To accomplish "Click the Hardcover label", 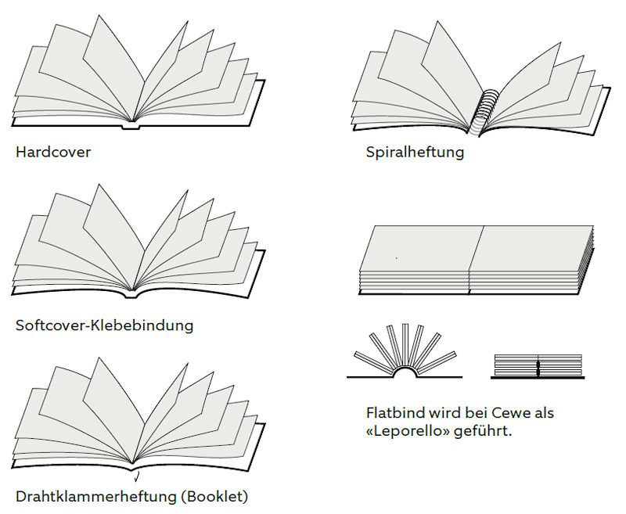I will (x=53, y=152).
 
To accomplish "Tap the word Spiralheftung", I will (x=415, y=152).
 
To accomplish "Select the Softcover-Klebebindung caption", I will (x=104, y=325).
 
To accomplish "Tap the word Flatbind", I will (x=394, y=412).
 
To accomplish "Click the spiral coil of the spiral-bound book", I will (x=488, y=109).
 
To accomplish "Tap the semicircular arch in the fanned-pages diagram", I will (x=405, y=372).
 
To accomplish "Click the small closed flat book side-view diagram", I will (x=538, y=366).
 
